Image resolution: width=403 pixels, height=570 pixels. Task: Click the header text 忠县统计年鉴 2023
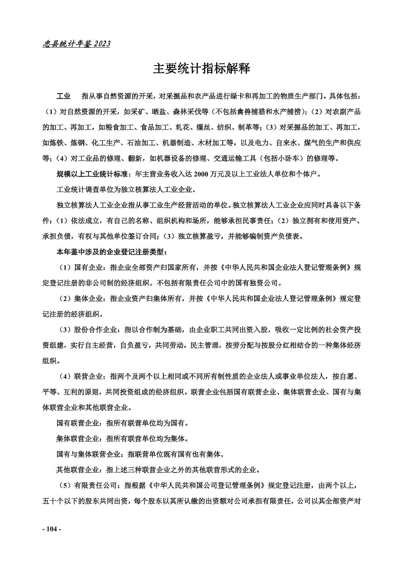click(x=76, y=44)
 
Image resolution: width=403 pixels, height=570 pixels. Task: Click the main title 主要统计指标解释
click(x=201, y=69)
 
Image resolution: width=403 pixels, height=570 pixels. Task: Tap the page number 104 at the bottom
click(x=51, y=529)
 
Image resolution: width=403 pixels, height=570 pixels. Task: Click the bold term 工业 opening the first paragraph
click(x=63, y=96)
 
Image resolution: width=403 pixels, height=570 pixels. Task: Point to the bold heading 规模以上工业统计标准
click(x=92, y=174)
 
